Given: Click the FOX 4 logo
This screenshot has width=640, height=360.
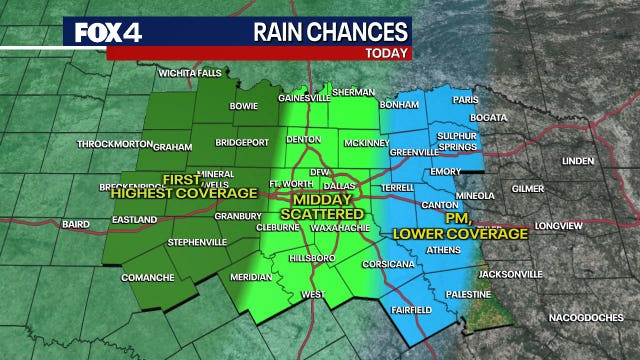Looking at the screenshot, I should (108, 31).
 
